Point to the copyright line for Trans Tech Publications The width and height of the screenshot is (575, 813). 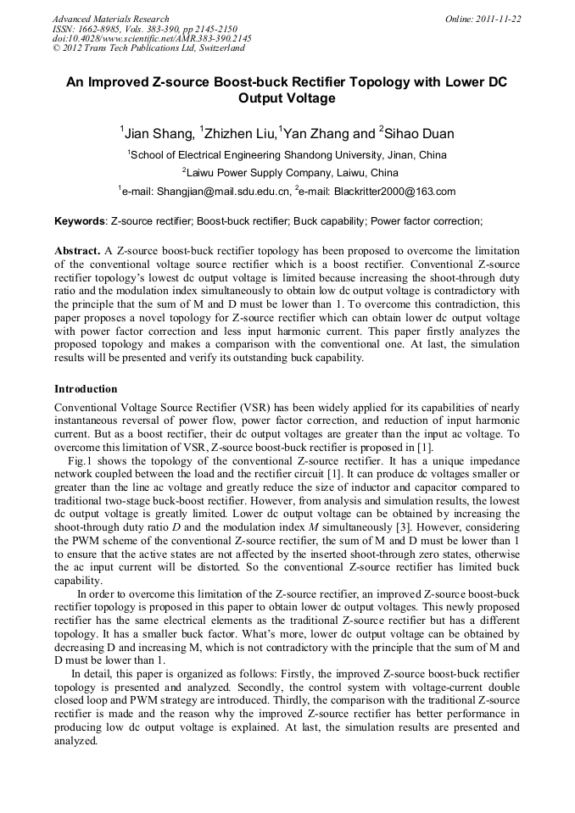click(x=148, y=49)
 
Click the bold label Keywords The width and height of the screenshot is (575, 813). click(x=80, y=222)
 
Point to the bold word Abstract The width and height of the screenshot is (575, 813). click(x=77, y=252)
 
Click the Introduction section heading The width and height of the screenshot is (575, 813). click(x=86, y=389)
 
